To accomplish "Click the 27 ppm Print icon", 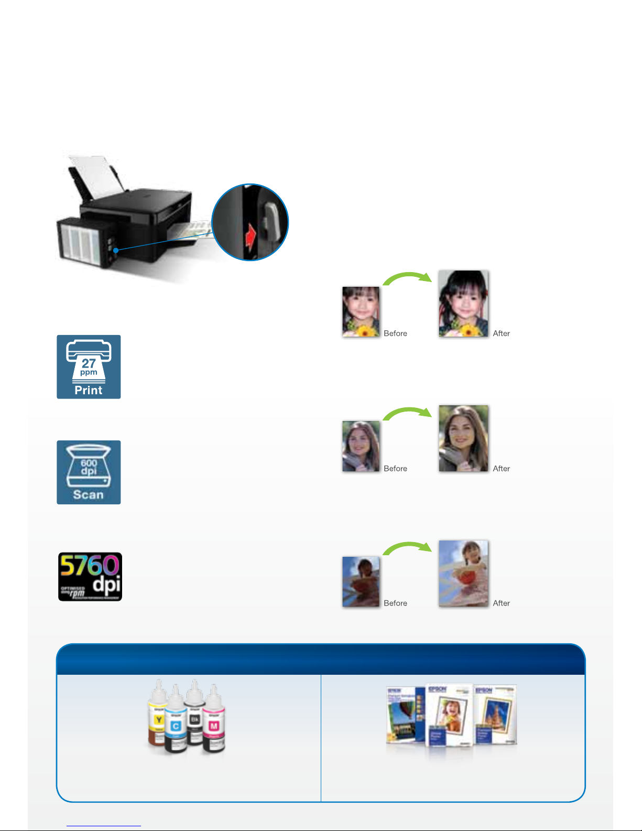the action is pos(89,367).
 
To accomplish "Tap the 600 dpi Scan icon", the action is pos(89,472).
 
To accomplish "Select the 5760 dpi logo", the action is pos(90,577).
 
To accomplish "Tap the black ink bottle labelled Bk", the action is pos(195,716).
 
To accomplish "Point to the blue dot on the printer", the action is pos(116,251).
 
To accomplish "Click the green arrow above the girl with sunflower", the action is pos(407,278).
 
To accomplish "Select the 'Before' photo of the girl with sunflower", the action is pos(361,311).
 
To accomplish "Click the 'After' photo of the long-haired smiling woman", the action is pos(463,438).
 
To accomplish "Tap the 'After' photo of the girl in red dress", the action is pos(463,573).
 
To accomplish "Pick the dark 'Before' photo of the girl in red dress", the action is pos(361,581).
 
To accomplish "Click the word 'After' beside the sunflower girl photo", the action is pos(501,333).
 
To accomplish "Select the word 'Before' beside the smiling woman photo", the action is pos(395,469).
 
